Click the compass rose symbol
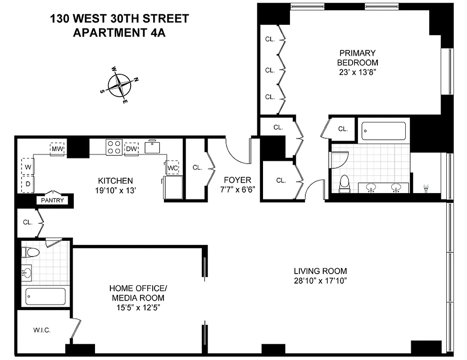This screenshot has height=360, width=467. click(120, 85)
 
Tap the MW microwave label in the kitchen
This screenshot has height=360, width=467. click(57, 149)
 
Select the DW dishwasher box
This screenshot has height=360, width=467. click(131, 149)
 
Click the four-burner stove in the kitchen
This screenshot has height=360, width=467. click(114, 147)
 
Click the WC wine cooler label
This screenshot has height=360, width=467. click(173, 168)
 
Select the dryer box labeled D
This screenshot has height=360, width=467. click(27, 183)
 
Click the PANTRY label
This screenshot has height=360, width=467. click(53, 200)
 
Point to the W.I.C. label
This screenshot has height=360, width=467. click(41, 330)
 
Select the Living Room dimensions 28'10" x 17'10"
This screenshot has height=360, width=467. click(320, 281)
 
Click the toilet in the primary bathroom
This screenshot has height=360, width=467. click(345, 184)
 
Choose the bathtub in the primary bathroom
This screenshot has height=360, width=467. click(384, 130)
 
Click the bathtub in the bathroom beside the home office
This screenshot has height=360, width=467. click(45, 296)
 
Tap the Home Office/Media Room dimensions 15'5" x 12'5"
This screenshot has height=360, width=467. click(137, 308)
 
